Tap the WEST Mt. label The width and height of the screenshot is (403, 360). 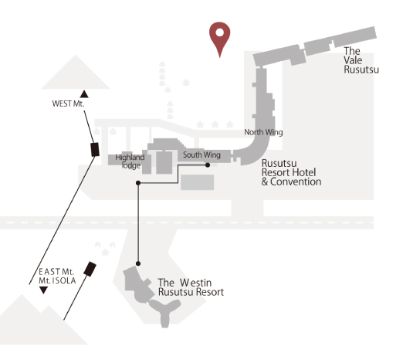(68, 104)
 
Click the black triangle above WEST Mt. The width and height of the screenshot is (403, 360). (84, 94)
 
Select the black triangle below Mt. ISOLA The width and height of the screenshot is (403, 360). (43, 290)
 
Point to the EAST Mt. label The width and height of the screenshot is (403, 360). (56, 272)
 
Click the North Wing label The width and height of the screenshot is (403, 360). (263, 132)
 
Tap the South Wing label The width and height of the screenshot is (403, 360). (201, 155)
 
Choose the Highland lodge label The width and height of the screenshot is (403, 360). (130, 161)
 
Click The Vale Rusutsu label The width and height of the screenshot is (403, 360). (361, 60)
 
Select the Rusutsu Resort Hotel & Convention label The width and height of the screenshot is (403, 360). (291, 172)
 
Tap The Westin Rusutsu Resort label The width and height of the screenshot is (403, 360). (191, 287)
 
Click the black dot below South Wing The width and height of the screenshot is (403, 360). (208, 165)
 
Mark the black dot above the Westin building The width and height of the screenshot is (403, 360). (138, 263)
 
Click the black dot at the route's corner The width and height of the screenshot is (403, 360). (138, 183)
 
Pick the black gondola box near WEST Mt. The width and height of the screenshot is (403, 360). (95, 149)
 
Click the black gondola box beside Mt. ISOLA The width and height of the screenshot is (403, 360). (90, 269)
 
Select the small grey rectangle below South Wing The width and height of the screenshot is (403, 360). (198, 182)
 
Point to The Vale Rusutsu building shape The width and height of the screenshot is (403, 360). (314, 46)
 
